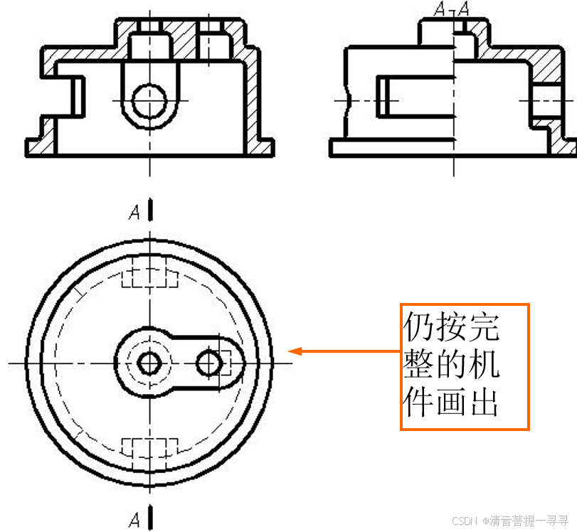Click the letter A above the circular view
tap(134, 213)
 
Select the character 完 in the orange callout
tap(485, 328)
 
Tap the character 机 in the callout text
tap(485, 366)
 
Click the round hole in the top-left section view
tap(149, 100)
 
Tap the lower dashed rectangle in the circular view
tap(149, 449)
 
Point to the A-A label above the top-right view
tap(452, 9)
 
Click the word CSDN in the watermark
tap(463, 521)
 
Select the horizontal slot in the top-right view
tap(416, 97)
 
